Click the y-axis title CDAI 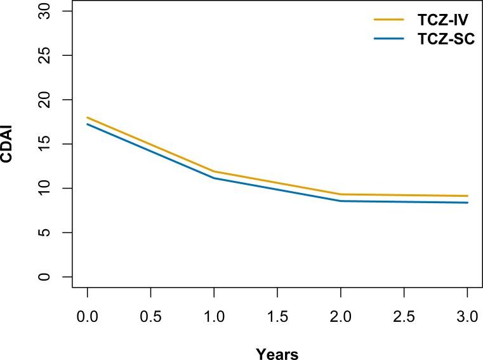pyautogui.click(x=8, y=145)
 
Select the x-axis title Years pyautogui.click(x=277, y=353)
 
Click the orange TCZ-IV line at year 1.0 pyautogui.click(x=214, y=171)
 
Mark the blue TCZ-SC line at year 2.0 pyautogui.click(x=341, y=201)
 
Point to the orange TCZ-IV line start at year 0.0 pyautogui.click(x=88, y=117)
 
